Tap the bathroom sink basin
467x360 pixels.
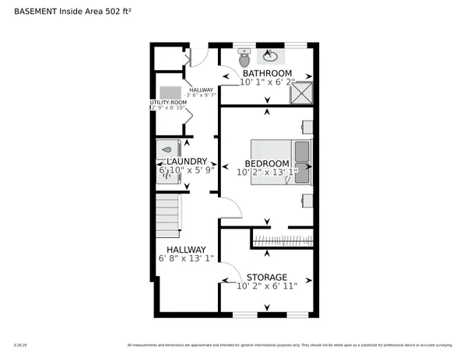(270, 55)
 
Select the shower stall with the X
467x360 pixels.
(301, 93)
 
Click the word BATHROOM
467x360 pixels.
(267, 74)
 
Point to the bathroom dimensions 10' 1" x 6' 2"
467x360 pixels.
(267, 82)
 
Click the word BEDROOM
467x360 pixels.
(267, 163)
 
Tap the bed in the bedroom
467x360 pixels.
(279, 161)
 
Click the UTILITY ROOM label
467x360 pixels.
(168, 102)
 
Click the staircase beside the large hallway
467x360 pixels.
(168, 218)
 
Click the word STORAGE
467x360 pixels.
(267, 278)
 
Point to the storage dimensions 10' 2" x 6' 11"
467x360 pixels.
(267, 286)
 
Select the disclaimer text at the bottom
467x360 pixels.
(289, 344)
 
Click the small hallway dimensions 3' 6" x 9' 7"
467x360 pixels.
(201, 95)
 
